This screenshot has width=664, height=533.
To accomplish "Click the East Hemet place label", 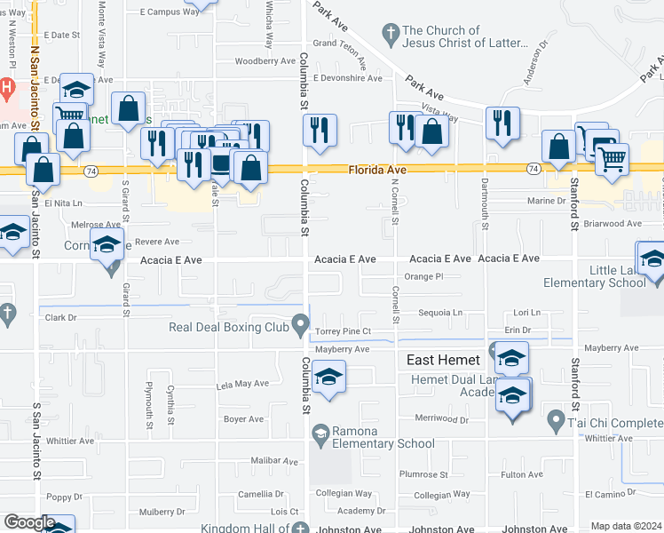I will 444,360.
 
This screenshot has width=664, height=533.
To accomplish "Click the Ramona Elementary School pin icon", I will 320,433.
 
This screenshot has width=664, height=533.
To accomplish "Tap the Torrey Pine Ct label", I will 342,332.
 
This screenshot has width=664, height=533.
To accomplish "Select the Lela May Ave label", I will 241,385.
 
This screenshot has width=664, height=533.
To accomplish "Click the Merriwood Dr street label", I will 440,418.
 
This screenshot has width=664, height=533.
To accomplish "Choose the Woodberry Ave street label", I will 265,61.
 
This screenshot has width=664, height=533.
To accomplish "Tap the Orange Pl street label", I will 423,276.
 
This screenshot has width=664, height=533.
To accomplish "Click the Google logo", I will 29,522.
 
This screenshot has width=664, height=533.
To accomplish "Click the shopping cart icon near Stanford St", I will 611,160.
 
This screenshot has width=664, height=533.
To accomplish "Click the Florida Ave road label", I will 377,169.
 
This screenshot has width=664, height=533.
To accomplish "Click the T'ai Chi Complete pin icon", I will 556,418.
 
